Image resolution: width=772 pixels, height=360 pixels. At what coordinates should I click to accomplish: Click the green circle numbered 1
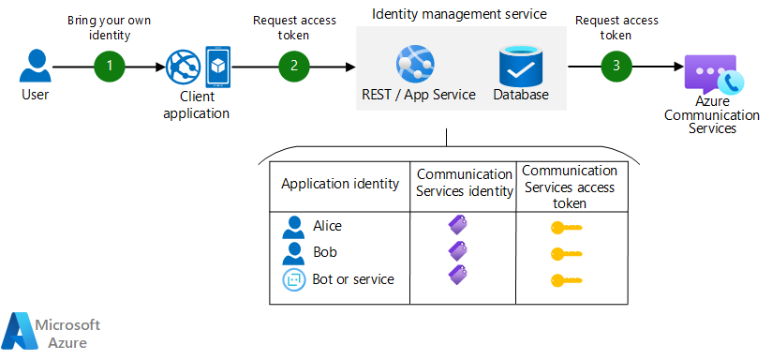pos(110,66)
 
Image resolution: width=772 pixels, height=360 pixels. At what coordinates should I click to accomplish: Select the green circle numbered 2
pos(293,66)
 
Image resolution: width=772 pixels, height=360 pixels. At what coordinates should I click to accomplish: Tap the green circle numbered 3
pos(616,66)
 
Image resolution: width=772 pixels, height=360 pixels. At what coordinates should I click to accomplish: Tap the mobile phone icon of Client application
pos(217,66)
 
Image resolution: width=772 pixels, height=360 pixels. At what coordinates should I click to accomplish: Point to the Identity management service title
pos(459,14)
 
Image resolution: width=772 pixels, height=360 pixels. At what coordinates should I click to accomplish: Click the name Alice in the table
pos(327,226)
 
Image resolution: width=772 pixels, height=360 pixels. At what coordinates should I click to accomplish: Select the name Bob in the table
pos(324,252)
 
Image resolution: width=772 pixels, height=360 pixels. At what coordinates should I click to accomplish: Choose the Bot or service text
pos(353,279)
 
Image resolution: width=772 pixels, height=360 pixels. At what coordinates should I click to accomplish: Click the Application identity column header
pos(340,184)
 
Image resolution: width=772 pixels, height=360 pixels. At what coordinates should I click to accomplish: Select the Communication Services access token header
pos(570,187)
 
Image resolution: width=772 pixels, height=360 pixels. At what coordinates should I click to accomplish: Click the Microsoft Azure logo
pos(52,332)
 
